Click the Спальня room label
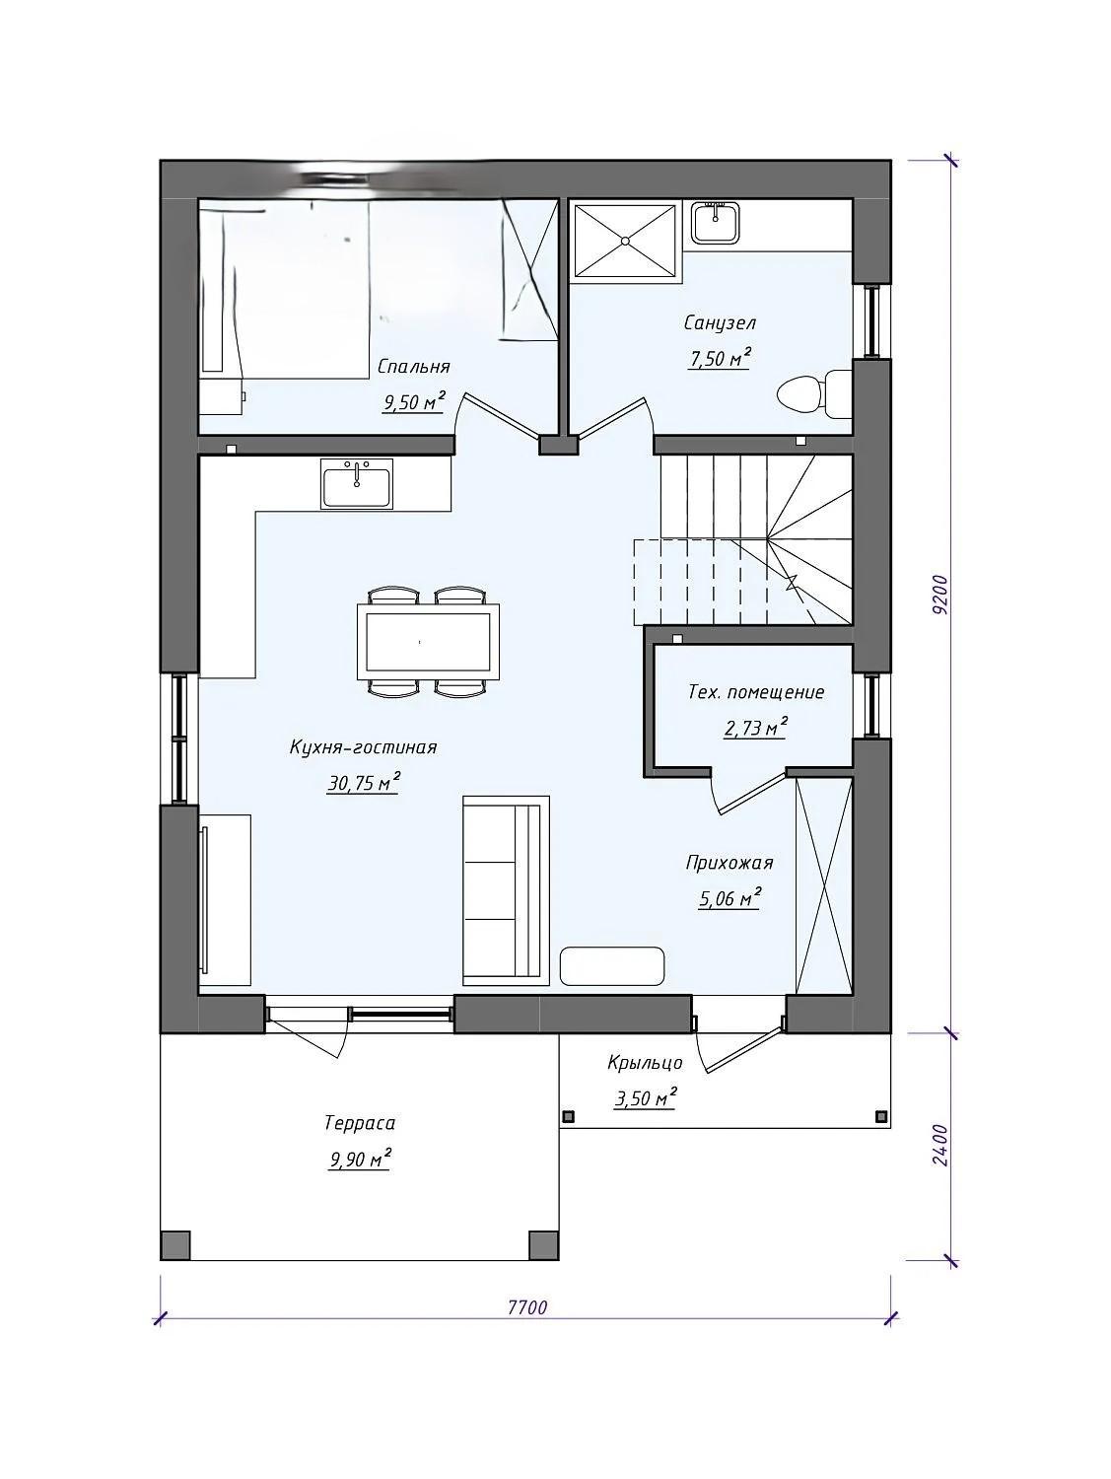click(413, 367)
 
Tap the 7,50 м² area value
click(719, 358)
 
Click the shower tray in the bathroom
click(624, 241)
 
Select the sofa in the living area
click(506, 890)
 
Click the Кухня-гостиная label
click(363, 747)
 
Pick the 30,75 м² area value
click(364, 782)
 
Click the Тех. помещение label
click(756, 692)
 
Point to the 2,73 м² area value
click(756, 728)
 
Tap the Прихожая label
click(729, 863)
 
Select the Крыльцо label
click(645, 1063)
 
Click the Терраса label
click(359, 1123)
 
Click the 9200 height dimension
click(939, 595)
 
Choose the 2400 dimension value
click(939, 1145)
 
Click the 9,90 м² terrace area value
click(360, 1160)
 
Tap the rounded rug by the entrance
click(612, 966)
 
